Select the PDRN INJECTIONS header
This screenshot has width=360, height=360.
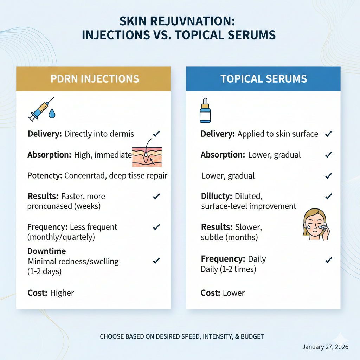93,78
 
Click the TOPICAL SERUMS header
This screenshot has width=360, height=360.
264,78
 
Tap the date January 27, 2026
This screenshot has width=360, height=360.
325,347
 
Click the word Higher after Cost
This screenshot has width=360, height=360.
62,293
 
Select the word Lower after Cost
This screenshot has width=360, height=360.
234,293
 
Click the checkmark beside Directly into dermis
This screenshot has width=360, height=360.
157,134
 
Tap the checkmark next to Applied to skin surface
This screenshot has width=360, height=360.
329,134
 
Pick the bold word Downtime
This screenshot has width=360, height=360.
47,251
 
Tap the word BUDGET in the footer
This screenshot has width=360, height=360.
252,336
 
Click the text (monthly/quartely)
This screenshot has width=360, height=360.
61,237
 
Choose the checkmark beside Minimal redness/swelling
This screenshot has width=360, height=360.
157,261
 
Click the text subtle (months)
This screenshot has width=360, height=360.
229,237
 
